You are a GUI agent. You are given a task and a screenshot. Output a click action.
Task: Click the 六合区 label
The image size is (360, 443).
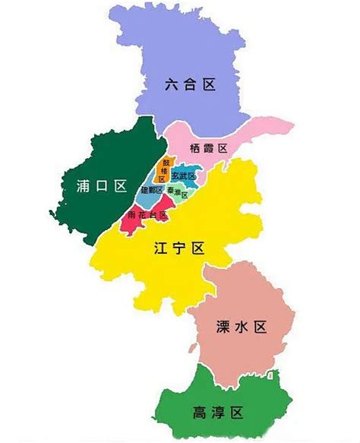pyautogui.click(x=191, y=84)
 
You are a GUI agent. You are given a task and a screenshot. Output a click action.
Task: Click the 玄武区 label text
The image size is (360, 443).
pyautogui.click(x=184, y=176)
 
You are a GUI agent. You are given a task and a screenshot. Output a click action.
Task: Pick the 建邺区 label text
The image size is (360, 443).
pyautogui.click(x=153, y=189)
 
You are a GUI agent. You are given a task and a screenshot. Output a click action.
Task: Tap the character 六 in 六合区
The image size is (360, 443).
pyautogui.click(x=172, y=84)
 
